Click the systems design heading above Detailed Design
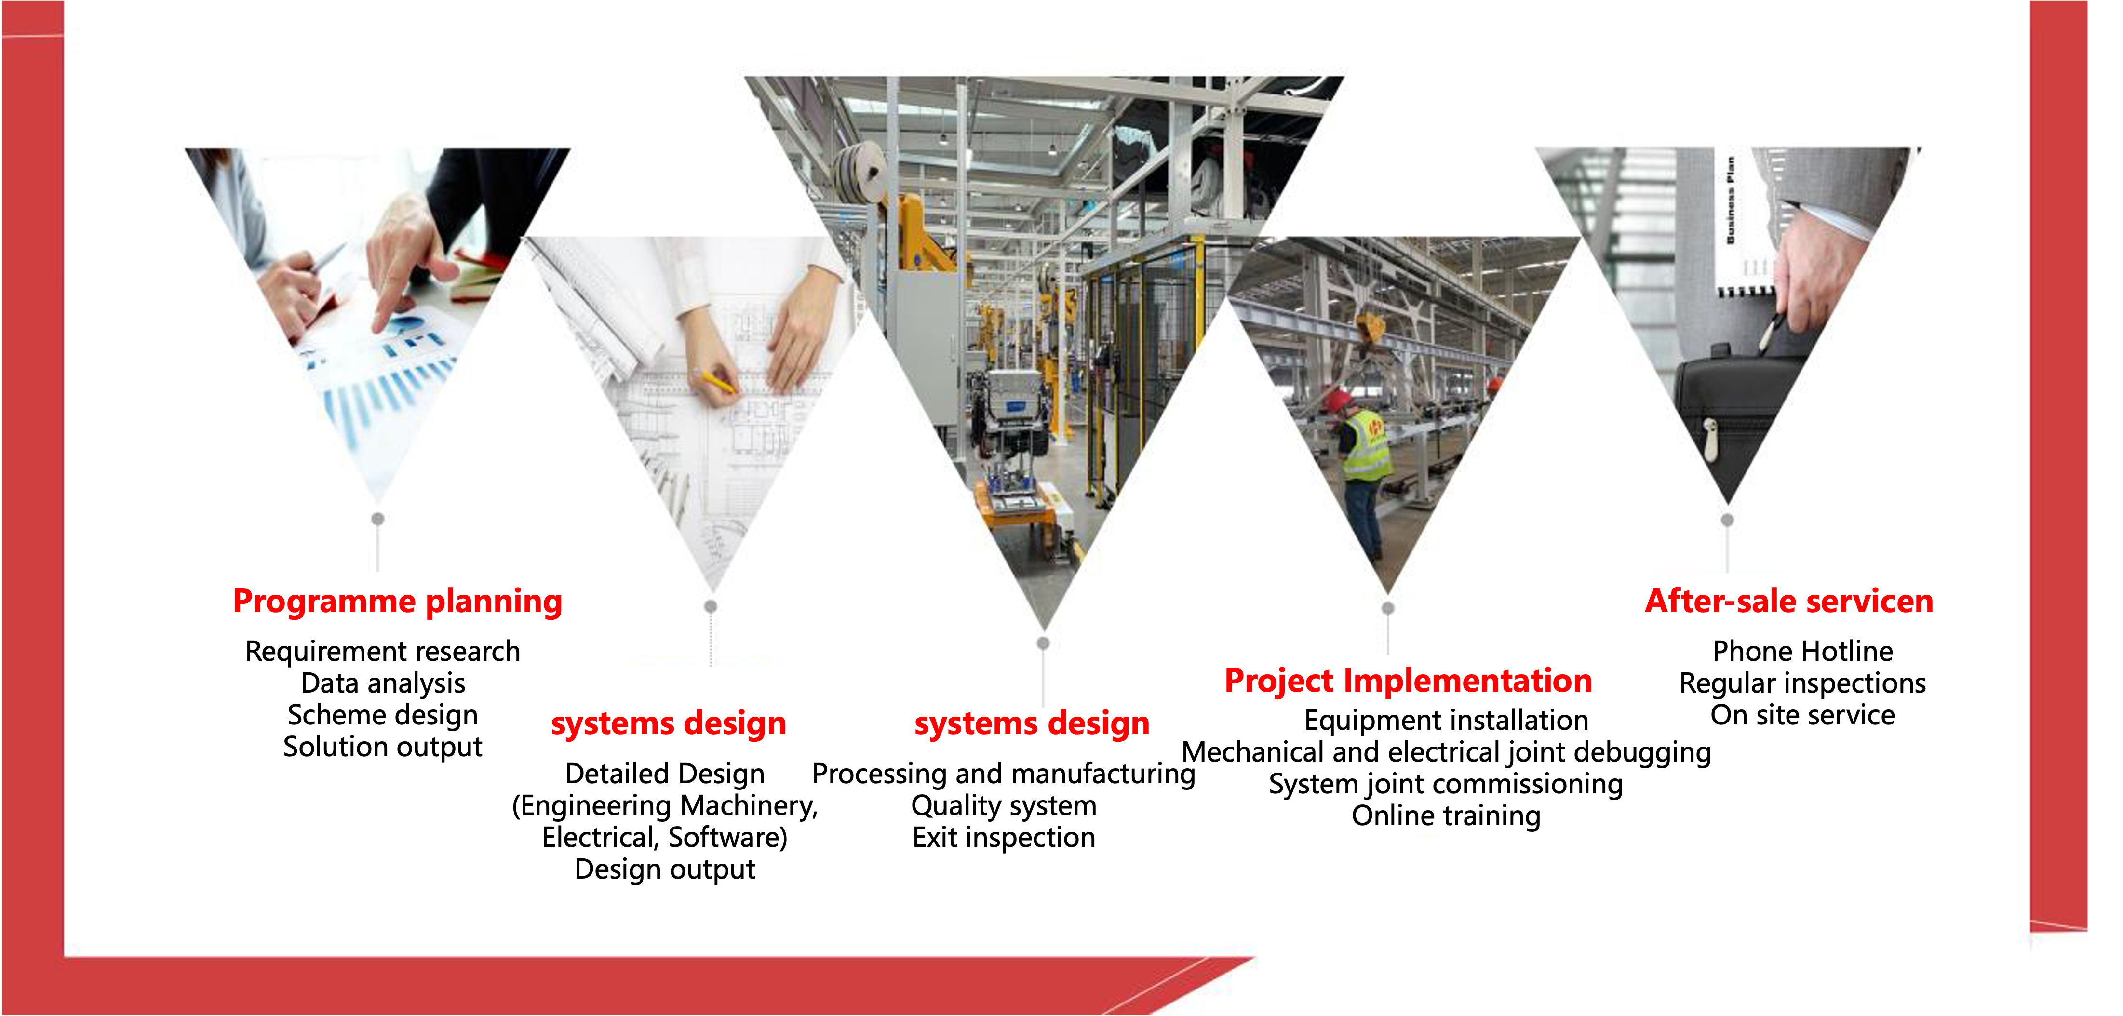pyautogui.click(x=669, y=723)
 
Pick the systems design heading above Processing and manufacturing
pyautogui.click(x=1032, y=723)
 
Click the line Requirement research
pyautogui.click(x=382, y=652)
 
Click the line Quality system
pyautogui.click(x=1004, y=806)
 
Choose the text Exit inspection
pyautogui.click(x=1004, y=837)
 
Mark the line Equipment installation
pyautogui.click(x=1446, y=720)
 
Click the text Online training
pyautogui.click(x=1446, y=816)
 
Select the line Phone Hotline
pyautogui.click(x=1802, y=651)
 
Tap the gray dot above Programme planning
pyautogui.click(x=377, y=518)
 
